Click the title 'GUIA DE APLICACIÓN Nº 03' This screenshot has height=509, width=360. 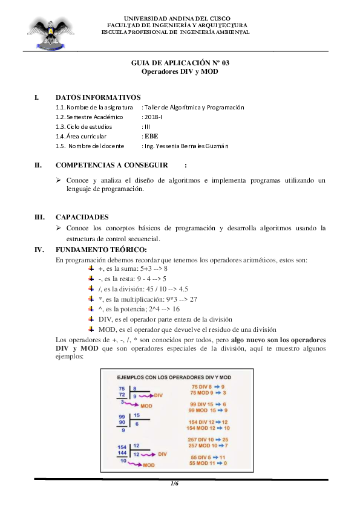[180, 63]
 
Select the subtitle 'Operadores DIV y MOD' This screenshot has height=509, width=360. [180, 71]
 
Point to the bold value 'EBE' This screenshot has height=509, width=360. [151, 136]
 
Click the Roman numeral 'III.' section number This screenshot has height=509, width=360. [40, 217]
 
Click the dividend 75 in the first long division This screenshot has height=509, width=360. [122, 388]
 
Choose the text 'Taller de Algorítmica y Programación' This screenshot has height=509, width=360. [192, 107]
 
